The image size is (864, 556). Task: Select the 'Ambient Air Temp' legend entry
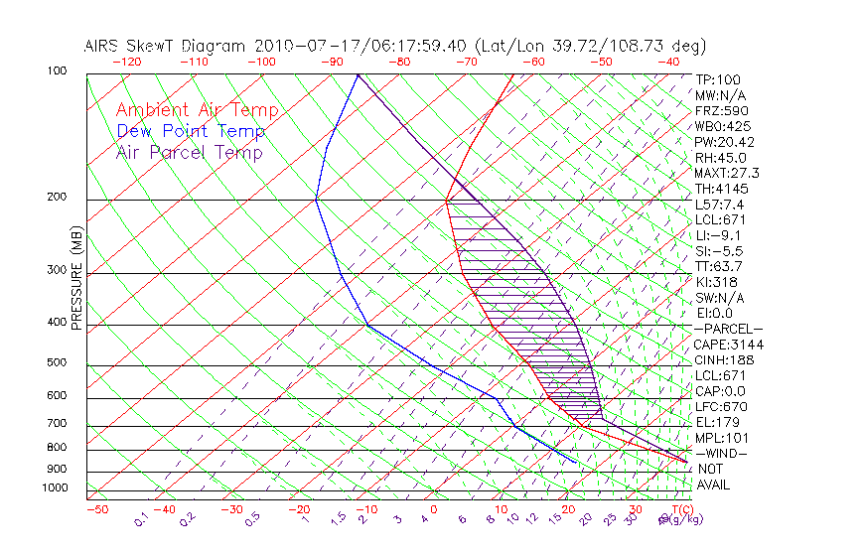(197, 110)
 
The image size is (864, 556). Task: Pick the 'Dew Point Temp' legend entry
(191, 131)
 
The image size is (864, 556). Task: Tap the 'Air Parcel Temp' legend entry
(190, 152)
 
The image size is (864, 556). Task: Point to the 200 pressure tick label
(59, 197)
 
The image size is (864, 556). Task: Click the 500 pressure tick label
(59, 362)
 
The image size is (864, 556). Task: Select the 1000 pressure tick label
(56, 487)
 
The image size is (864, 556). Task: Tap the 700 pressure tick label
(59, 424)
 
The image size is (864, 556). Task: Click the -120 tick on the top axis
(126, 62)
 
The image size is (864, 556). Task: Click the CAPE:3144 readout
(728, 345)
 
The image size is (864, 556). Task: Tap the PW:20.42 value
(725, 142)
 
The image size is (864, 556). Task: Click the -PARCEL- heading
(728, 329)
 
